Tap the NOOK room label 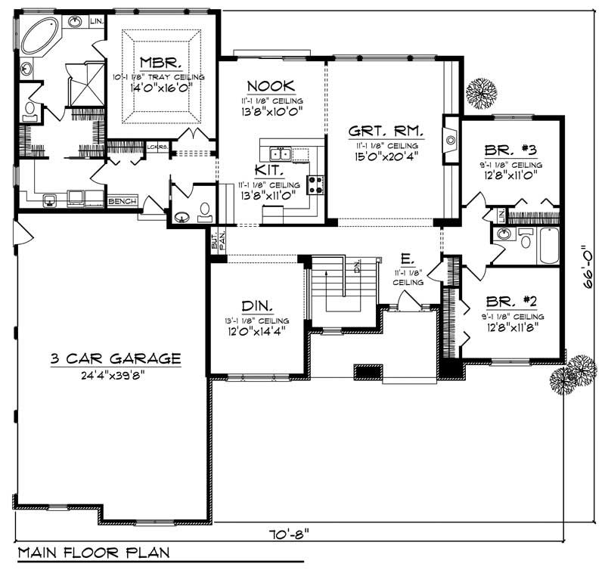click(271, 86)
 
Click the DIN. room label click(257, 306)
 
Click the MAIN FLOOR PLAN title click(94, 553)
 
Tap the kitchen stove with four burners click(315, 184)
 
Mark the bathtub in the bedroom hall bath click(548, 246)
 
